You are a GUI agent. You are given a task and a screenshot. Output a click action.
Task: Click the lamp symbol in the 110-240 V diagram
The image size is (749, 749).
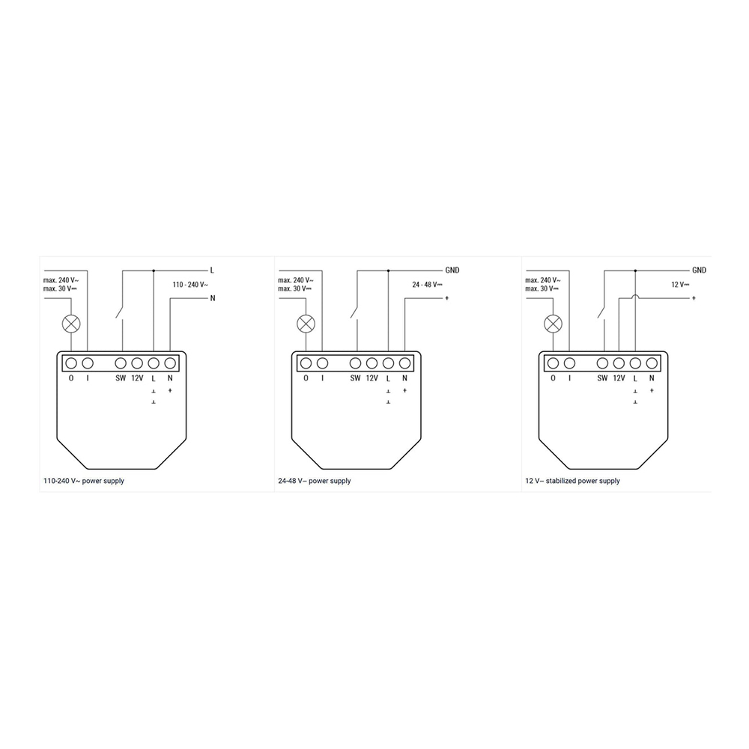pos(71,324)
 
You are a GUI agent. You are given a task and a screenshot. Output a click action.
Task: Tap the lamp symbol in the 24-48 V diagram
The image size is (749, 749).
pos(306,324)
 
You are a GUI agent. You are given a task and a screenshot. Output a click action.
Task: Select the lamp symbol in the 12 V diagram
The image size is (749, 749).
pos(554,324)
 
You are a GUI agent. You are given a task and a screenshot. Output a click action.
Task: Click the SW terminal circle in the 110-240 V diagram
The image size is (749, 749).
pos(121,363)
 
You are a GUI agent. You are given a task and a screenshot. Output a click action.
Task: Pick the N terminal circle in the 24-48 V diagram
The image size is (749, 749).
pos(404,363)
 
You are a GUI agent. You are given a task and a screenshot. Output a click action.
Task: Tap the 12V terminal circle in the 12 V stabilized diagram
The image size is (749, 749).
pos(619,363)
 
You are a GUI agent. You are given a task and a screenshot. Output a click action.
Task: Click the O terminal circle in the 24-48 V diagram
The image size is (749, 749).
pos(306,363)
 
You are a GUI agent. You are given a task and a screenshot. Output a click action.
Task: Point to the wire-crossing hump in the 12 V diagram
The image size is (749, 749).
pos(635,296)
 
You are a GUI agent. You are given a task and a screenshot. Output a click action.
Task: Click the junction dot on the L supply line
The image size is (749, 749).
pos(154,271)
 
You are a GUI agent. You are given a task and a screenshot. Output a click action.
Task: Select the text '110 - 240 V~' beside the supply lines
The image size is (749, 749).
pos(190,285)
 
